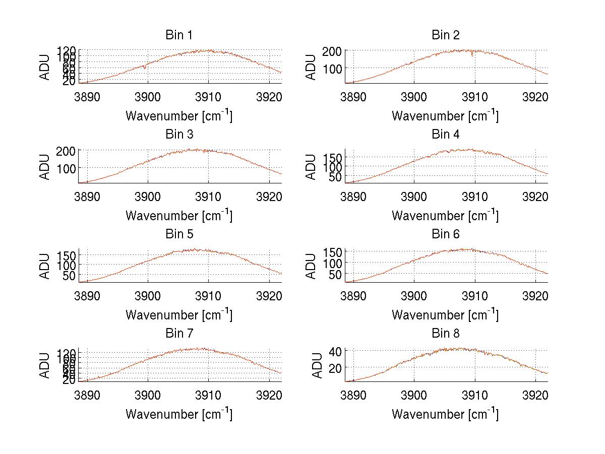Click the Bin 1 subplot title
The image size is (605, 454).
click(179, 35)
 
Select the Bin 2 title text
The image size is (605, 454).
click(445, 35)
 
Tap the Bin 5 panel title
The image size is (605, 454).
click(179, 234)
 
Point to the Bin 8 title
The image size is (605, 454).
click(445, 334)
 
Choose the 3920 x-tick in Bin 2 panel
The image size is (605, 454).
click(535, 96)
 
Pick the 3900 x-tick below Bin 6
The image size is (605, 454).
click(414, 295)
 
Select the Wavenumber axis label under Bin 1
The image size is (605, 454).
click(179, 116)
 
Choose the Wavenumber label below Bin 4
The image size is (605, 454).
click(445, 216)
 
